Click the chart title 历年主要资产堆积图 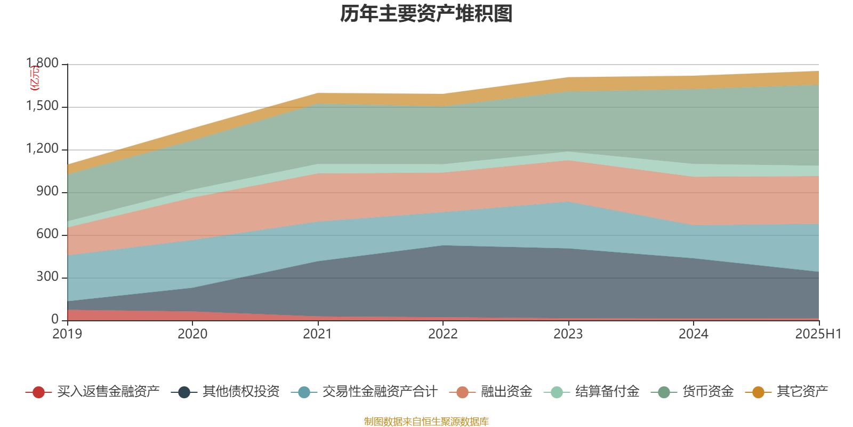coord(426,14)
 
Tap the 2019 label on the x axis coord(67,334)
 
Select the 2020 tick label coord(192,334)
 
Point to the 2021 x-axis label coord(318,334)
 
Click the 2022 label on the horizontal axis coord(443,334)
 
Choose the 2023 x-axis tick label coord(568,334)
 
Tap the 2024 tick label coord(694,334)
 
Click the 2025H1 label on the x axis coord(818,334)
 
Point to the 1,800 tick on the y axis coord(43,64)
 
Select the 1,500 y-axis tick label coord(43,106)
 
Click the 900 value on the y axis coord(47,192)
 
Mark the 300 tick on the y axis coord(47,277)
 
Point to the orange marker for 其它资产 coord(758,392)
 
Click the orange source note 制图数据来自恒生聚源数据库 coord(426,422)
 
